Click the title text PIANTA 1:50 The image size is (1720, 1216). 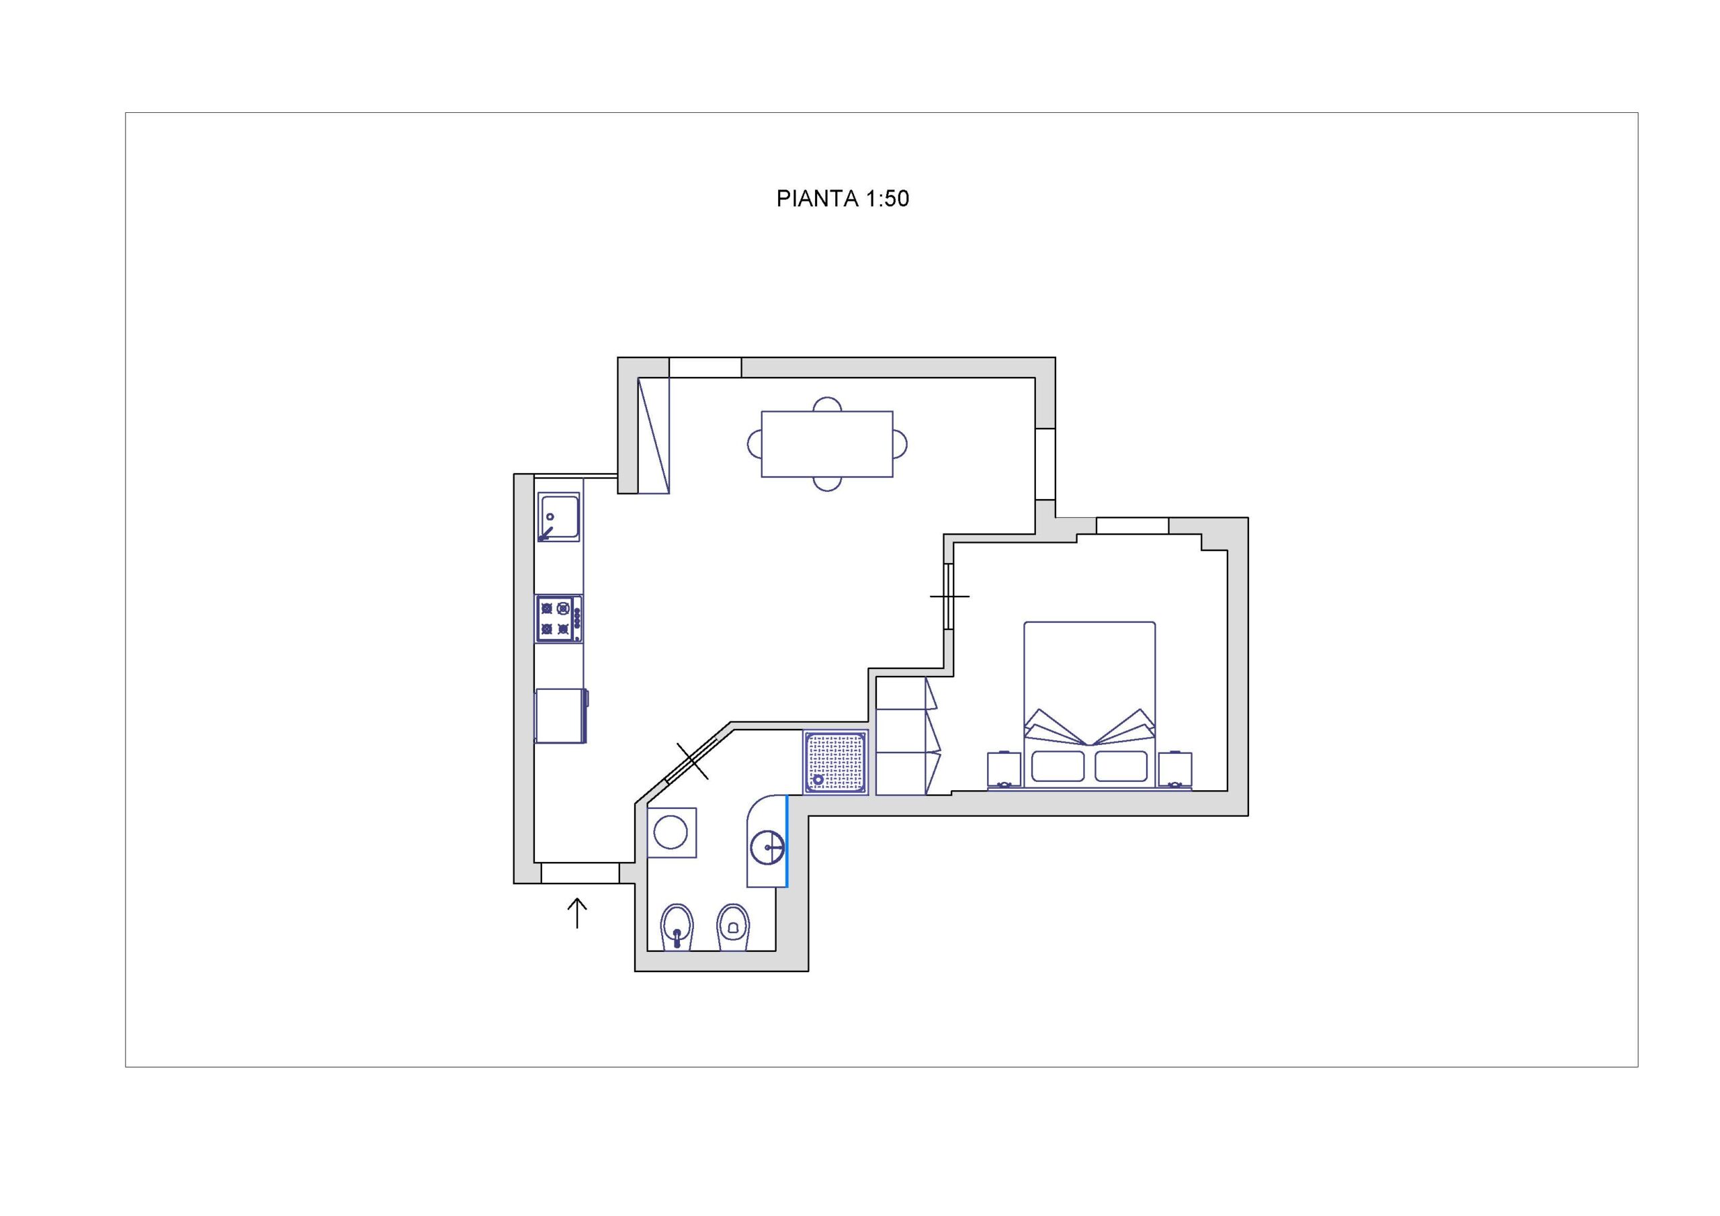(842, 199)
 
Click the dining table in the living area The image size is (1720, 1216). (827, 443)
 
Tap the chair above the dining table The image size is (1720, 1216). (827, 404)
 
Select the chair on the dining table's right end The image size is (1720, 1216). (900, 444)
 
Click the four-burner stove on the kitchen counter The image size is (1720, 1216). (559, 619)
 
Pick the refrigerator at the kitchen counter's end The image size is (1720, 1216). (561, 715)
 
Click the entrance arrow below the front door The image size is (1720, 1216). (577, 913)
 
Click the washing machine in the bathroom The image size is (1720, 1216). (672, 832)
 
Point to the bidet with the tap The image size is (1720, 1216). (677, 928)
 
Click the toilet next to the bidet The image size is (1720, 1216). (732, 928)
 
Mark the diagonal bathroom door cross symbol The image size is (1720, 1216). (692, 761)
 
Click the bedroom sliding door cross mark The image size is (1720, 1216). (949, 597)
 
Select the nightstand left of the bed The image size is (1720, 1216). (1004, 770)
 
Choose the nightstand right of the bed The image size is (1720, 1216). (1174, 770)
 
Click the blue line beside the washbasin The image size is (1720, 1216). (787, 841)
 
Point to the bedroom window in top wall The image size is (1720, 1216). (1132, 525)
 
